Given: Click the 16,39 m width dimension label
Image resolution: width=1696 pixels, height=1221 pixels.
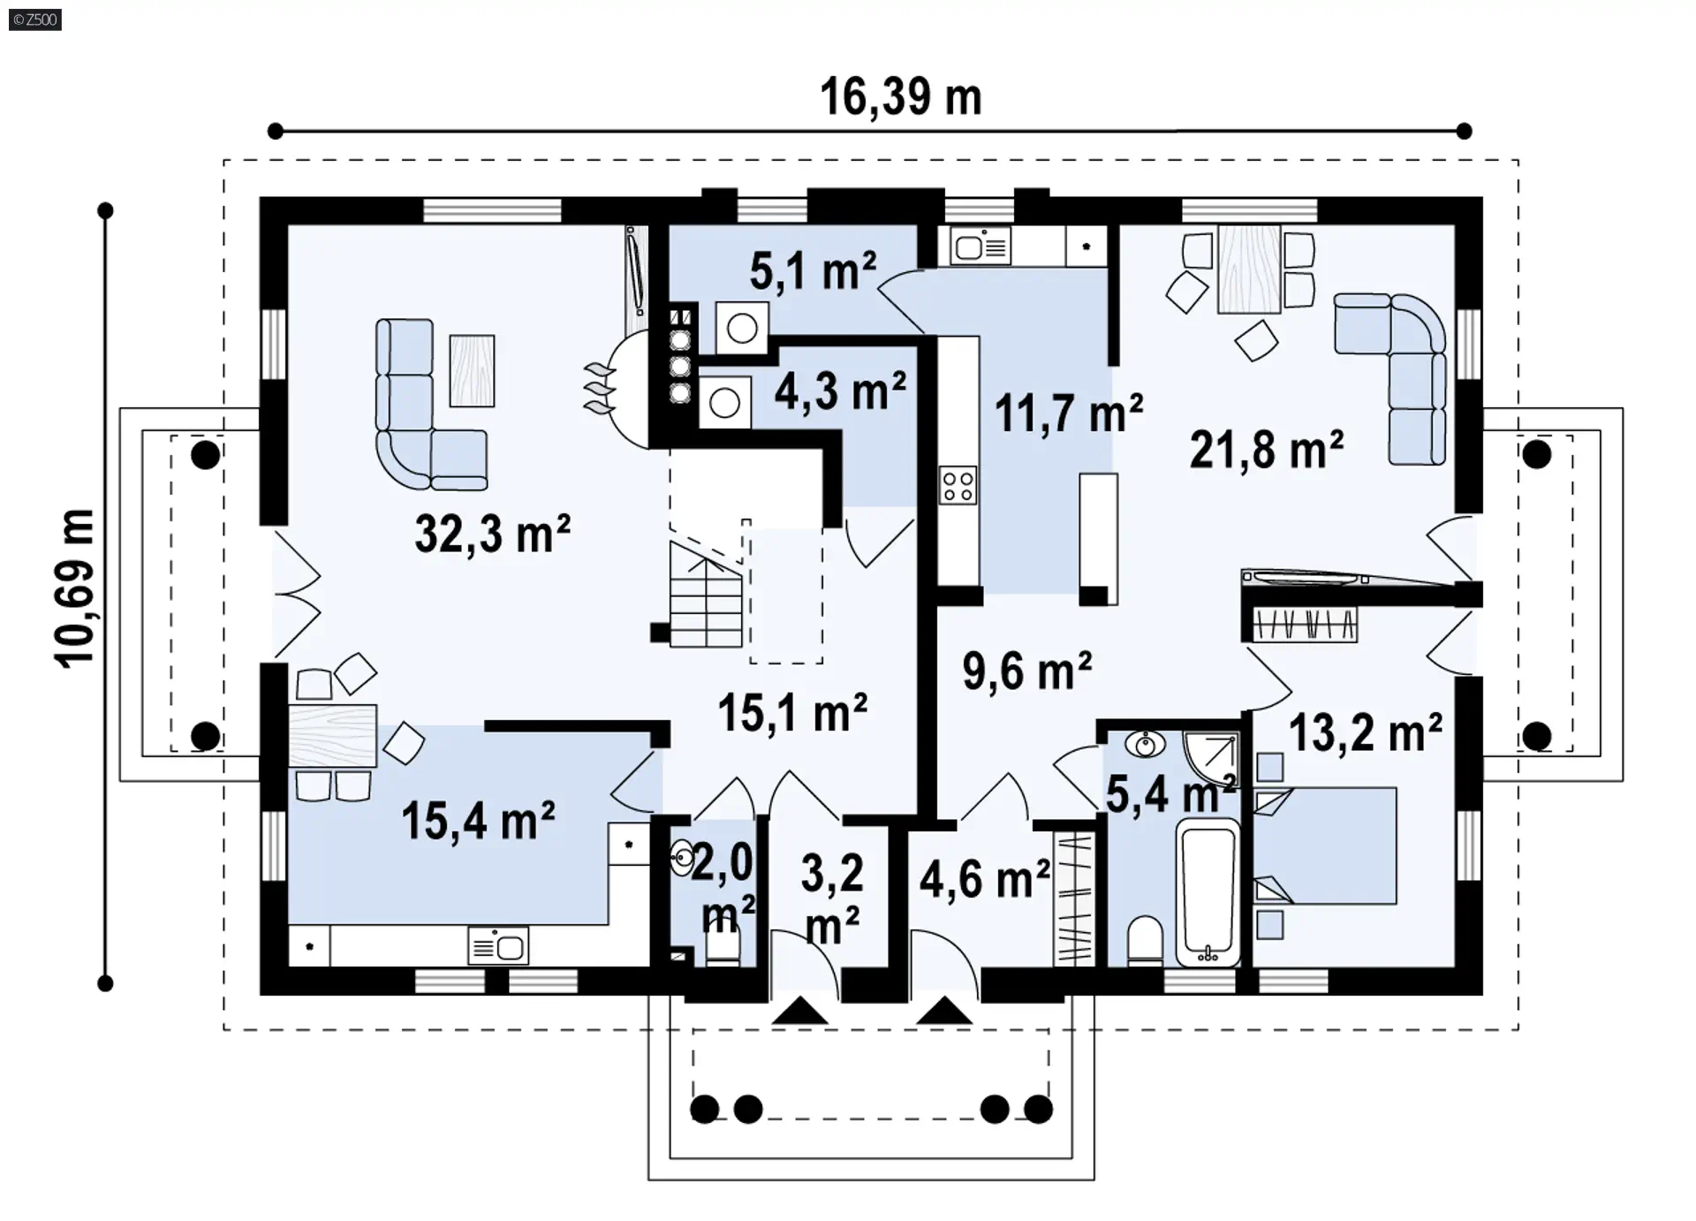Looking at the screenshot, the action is click(x=900, y=96).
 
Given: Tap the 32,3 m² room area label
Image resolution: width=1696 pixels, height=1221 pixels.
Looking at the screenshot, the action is click(x=493, y=534).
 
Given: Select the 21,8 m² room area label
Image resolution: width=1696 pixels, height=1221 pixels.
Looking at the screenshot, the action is click(x=1267, y=449).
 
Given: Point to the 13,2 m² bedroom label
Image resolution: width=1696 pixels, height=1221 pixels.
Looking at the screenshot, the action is click(x=1366, y=732).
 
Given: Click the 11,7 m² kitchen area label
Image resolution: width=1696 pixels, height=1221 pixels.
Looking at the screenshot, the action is click(x=1069, y=413).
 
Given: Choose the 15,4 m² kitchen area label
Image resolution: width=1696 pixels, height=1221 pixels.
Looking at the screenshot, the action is click(x=478, y=820).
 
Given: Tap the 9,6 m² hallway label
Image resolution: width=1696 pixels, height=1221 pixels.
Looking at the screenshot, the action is click(x=1027, y=671).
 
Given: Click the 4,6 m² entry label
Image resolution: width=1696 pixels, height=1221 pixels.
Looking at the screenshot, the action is click(x=985, y=878).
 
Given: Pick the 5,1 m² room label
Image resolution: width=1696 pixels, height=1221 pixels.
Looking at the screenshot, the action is click(x=814, y=270).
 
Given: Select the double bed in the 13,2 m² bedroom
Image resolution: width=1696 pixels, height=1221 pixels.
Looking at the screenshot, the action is click(x=1325, y=846).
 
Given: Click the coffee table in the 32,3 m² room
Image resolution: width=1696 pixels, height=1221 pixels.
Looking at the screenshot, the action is click(x=472, y=370).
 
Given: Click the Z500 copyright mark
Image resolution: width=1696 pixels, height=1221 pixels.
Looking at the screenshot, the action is click(x=35, y=19).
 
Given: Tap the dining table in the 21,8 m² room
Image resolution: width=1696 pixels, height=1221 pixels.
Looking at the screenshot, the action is click(x=1249, y=269).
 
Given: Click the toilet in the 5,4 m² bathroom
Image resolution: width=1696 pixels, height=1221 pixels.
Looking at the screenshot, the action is click(x=1145, y=942).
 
